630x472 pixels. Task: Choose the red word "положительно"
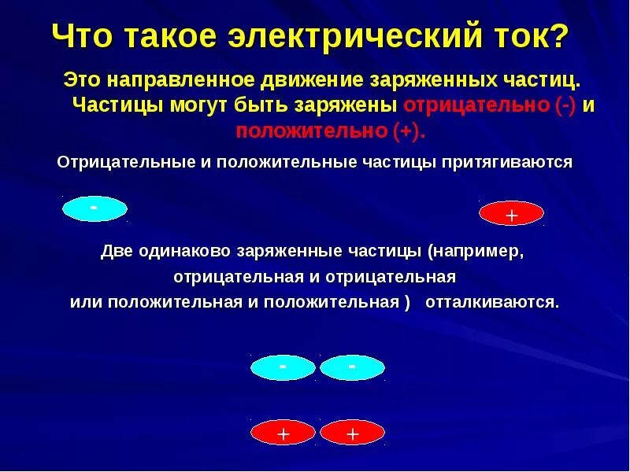point(311,131)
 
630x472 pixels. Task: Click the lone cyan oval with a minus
point(94,208)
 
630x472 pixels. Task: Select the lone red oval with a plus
point(511,214)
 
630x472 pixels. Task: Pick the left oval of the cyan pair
point(283,367)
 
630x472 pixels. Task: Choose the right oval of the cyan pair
point(352,367)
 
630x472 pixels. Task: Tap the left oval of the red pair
point(283,433)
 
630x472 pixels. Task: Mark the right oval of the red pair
point(352,433)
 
